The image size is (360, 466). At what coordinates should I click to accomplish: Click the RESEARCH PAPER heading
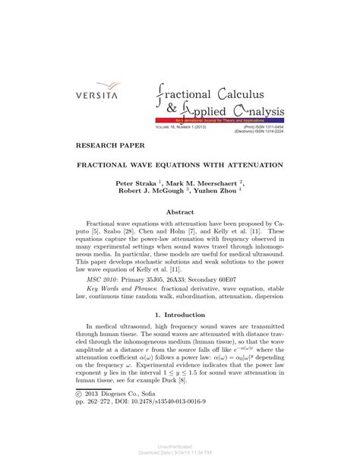(108, 143)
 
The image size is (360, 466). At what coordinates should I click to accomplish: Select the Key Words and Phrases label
(121, 290)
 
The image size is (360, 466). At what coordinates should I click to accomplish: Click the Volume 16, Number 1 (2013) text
(183, 126)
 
